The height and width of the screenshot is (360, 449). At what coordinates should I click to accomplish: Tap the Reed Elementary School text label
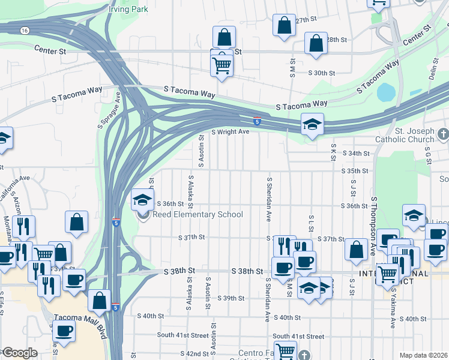coord(197,215)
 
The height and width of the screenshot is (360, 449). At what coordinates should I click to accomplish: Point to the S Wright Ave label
coord(229,132)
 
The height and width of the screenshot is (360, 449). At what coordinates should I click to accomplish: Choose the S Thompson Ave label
coord(374,223)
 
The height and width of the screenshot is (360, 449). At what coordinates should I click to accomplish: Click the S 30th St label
coord(321,73)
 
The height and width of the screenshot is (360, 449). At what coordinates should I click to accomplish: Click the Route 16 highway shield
coord(23,30)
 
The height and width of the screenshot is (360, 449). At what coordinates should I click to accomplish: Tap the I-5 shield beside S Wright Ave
coord(256,121)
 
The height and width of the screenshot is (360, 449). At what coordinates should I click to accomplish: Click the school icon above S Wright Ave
coord(312,124)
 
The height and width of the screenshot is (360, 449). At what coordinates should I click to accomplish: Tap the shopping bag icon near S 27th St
coord(284,25)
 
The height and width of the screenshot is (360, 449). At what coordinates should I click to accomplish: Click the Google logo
coord(19,353)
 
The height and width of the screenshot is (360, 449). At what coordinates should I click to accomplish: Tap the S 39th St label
coord(231,298)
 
